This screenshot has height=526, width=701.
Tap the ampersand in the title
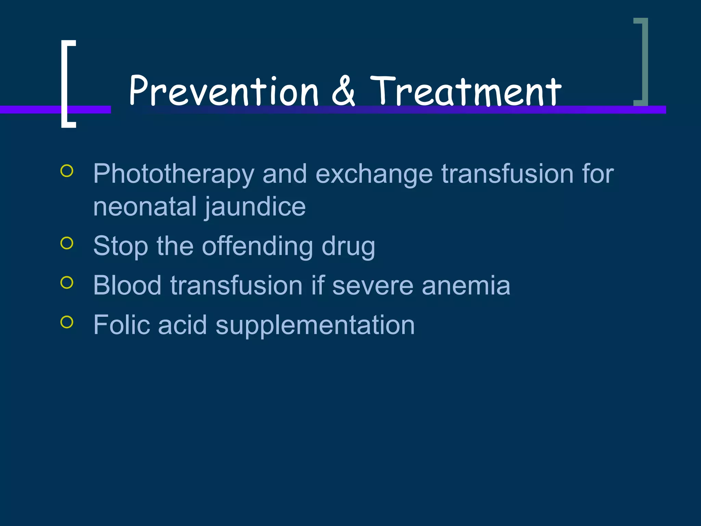pos(343,91)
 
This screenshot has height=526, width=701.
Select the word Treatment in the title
pos(466,91)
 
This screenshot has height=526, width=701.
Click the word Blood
pos(127,285)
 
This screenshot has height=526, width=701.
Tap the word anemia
pos(466,286)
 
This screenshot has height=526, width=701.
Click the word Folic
pos(121,325)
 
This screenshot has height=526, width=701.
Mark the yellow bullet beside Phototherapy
pos(67,171)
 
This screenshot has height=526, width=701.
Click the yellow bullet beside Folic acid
pos(67,322)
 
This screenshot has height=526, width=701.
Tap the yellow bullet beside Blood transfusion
pos(67,283)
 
